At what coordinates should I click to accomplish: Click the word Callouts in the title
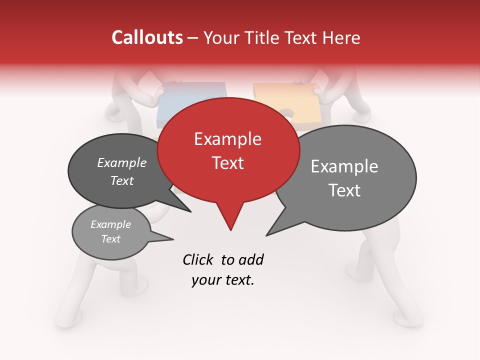147,37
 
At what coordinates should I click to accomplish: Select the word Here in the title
342,37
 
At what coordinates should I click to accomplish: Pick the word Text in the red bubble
228,163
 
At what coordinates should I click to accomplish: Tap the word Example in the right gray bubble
344,166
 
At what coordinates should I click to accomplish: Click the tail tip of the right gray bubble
267,235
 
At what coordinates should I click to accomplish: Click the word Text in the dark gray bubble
122,181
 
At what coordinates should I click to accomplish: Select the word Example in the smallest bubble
111,224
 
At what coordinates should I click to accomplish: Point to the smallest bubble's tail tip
173,239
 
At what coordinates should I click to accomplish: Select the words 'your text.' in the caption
223,280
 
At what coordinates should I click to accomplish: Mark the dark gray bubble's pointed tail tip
190,211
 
